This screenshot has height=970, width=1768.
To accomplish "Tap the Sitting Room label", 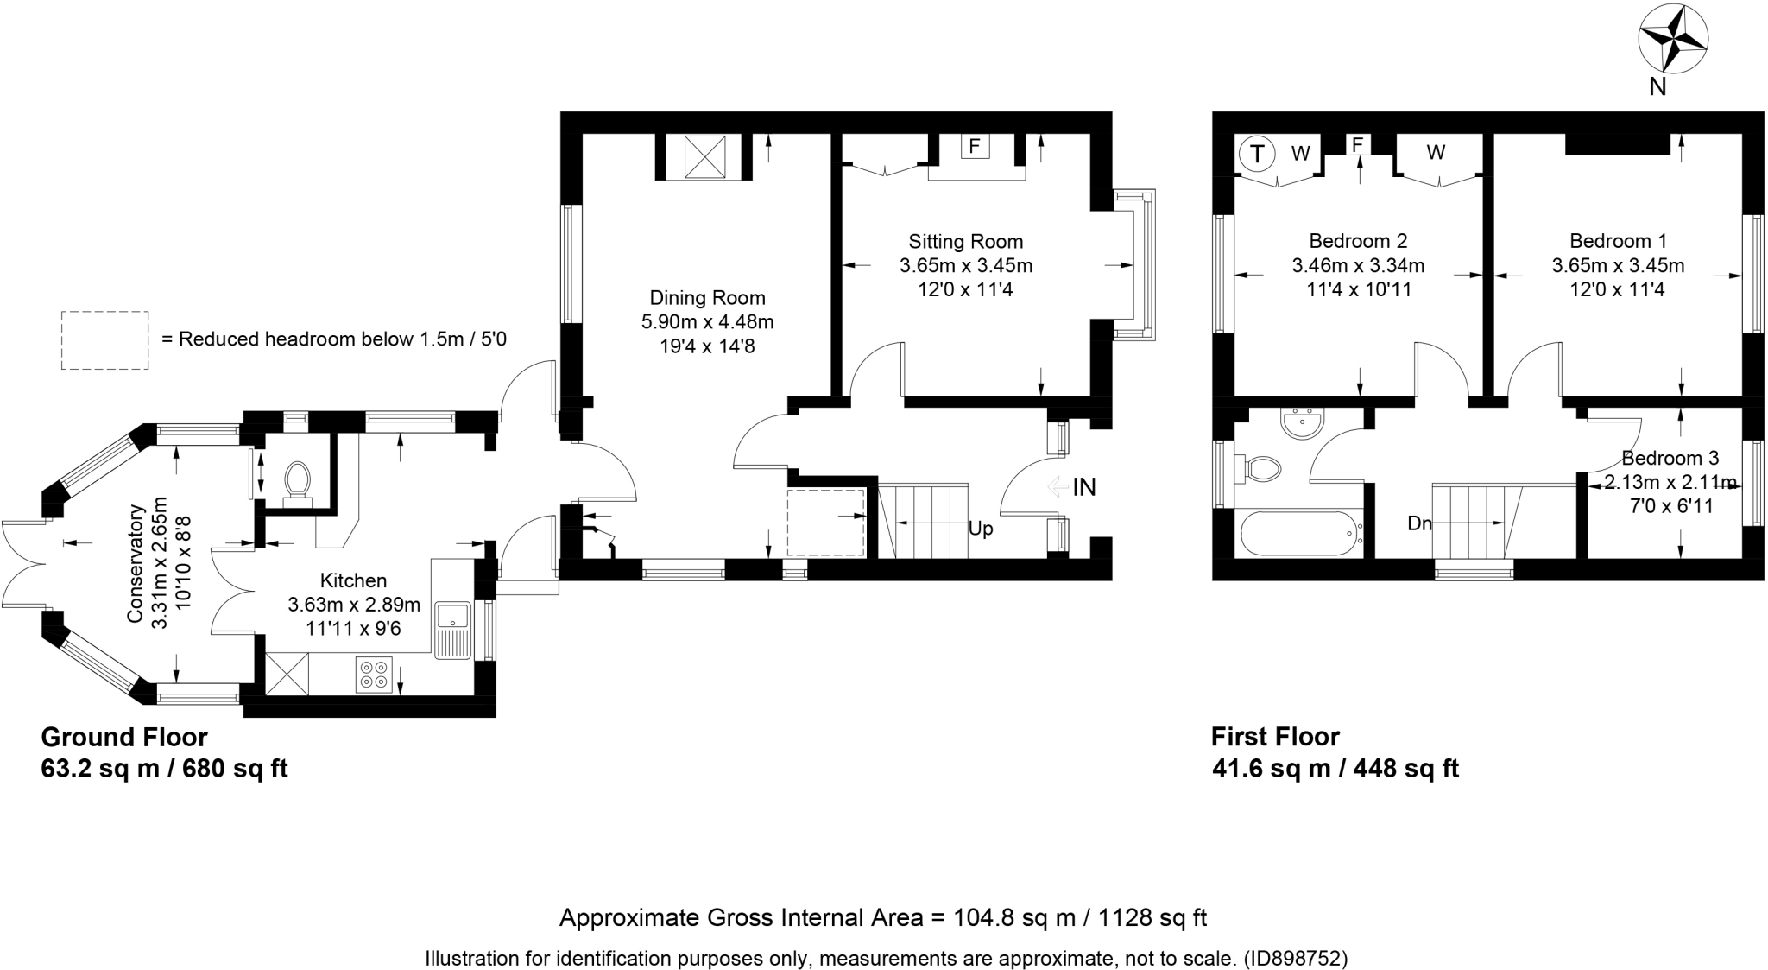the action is (965, 242).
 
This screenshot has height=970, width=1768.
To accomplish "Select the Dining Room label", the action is (707, 298).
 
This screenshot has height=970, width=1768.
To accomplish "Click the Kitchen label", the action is (353, 581).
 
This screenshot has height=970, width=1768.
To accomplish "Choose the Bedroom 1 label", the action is (1618, 242).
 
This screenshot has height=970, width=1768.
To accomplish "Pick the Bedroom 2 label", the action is (1358, 242).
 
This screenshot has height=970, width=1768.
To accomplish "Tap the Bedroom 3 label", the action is (1670, 459).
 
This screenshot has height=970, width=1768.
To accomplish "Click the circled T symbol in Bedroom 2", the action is (1257, 155).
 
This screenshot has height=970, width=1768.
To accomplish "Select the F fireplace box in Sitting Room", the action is (975, 146).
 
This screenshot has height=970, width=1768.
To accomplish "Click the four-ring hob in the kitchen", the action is (374, 674).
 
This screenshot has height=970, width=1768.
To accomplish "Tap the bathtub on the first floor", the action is (1300, 533).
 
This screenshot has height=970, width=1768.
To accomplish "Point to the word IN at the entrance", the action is (1084, 487).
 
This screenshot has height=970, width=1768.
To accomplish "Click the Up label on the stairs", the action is (981, 528).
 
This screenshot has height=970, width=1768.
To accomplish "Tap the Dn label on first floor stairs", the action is (1419, 523).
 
